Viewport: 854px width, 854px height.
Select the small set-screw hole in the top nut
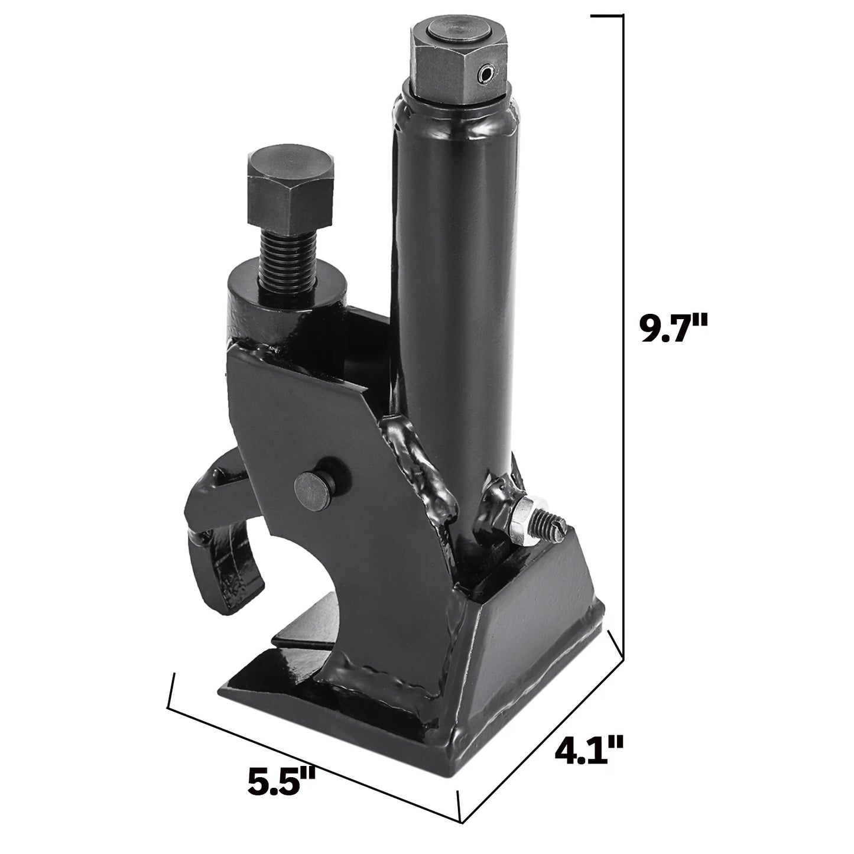[486, 73]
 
